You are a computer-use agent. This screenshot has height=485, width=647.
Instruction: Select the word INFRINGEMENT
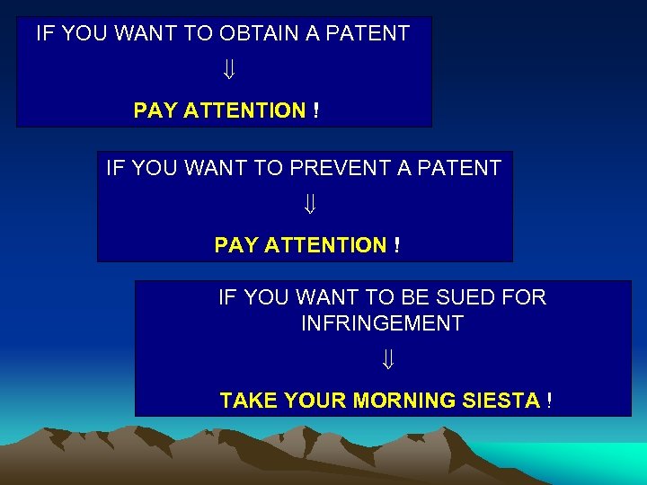coord(382,323)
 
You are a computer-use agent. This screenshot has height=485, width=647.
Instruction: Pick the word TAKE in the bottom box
coord(249,401)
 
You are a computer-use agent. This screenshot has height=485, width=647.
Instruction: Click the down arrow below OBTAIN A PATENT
coord(227,69)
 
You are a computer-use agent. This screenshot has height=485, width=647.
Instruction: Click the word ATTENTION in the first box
coord(244,110)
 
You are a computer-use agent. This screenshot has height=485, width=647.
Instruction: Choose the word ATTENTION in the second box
coord(325,245)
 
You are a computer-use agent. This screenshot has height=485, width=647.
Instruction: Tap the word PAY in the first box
coord(155,110)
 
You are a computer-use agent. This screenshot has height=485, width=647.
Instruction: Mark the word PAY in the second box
coord(236,245)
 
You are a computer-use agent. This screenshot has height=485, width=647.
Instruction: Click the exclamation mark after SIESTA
coord(548,401)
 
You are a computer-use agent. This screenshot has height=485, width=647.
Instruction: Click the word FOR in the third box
coord(525,297)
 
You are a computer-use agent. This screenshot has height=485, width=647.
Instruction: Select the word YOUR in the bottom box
coord(315,401)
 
